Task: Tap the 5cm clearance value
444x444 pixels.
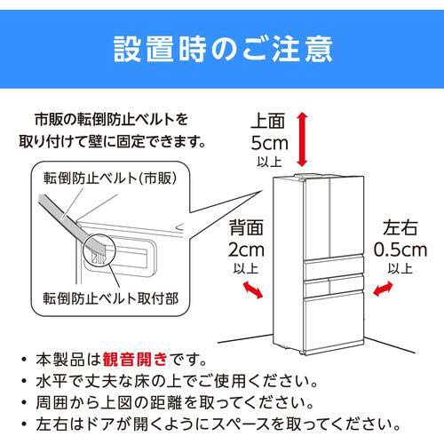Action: (x=268, y=143)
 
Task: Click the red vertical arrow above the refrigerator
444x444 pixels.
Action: (x=304, y=139)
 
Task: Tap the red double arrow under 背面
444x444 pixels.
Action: (x=252, y=290)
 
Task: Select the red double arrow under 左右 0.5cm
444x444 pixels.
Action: (x=384, y=289)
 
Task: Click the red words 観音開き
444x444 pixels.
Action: (x=135, y=361)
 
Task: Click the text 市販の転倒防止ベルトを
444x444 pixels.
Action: (x=112, y=120)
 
